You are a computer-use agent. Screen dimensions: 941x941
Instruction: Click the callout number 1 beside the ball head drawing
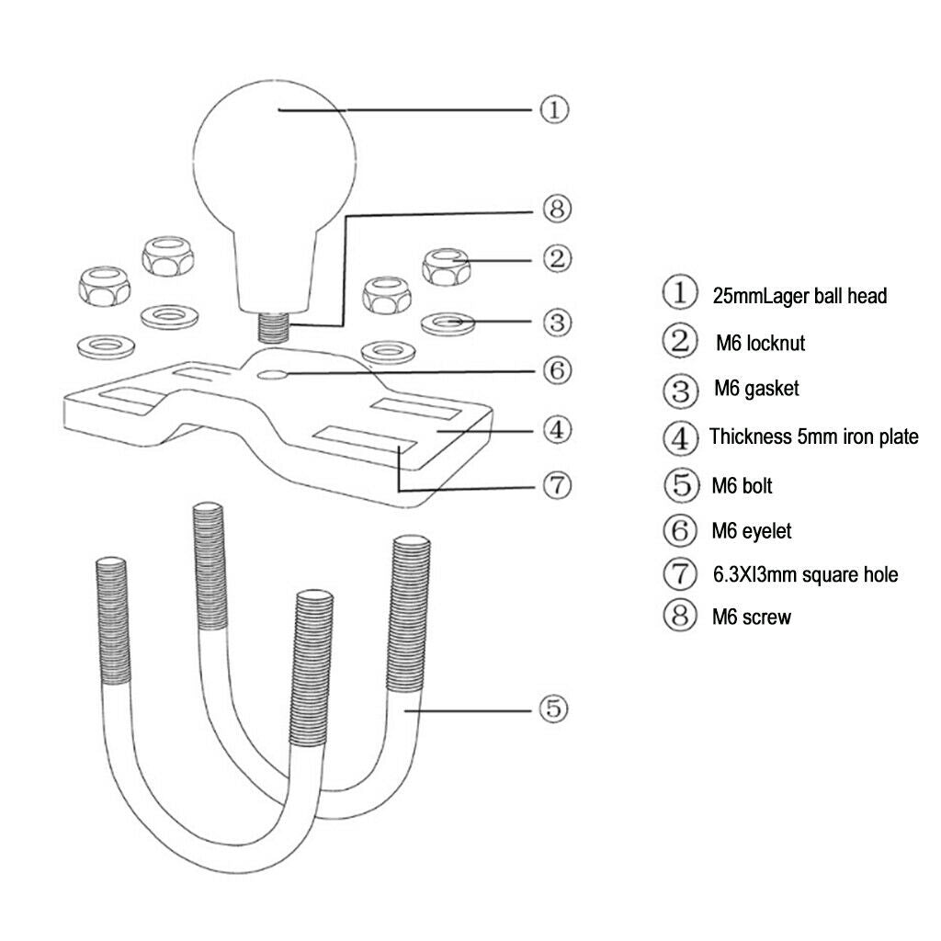tap(554, 110)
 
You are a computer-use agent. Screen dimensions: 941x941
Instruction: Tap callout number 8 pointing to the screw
tap(557, 210)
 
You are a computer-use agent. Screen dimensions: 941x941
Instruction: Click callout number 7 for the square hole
tap(557, 485)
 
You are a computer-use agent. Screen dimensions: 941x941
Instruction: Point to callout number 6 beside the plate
tap(557, 370)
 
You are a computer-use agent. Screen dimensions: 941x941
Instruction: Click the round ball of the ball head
tap(274, 158)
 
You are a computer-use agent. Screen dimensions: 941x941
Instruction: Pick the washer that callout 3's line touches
tap(448, 323)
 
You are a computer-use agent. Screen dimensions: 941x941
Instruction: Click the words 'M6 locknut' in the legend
tap(760, 344)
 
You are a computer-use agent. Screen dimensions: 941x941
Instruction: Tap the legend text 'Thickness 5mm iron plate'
tap(814, 436)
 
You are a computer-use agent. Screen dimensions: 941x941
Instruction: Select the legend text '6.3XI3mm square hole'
tap(805, 575)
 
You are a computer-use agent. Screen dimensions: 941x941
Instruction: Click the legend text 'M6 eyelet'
tap(752, 531)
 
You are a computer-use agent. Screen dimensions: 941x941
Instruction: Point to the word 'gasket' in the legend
tap(772, 390)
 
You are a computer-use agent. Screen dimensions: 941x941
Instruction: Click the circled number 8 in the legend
tap(680, 615)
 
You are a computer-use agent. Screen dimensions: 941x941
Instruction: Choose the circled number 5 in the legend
tap(681, 484)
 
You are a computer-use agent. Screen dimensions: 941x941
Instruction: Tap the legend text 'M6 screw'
tap(752, 617)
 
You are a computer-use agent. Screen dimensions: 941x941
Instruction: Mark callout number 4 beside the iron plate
tap(557, 430)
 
